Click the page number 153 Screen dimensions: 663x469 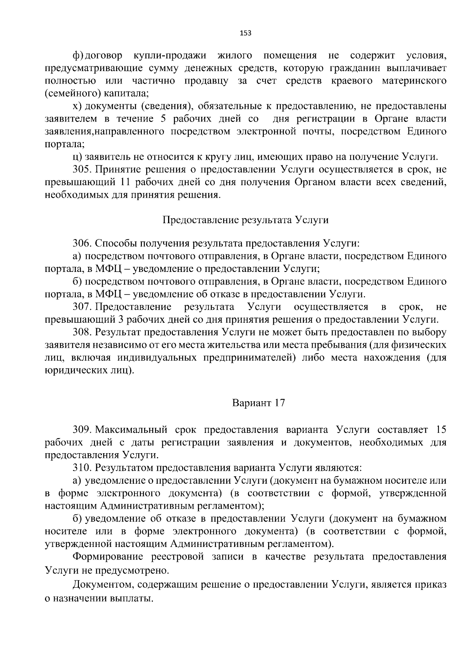[245, 33]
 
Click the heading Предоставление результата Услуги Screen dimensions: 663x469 [245, 220]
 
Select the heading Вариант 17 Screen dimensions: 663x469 [259, 403]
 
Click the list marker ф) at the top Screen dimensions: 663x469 [78, 56]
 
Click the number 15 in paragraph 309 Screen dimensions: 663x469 [440, 430]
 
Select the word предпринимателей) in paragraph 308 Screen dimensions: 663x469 [248, 358]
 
